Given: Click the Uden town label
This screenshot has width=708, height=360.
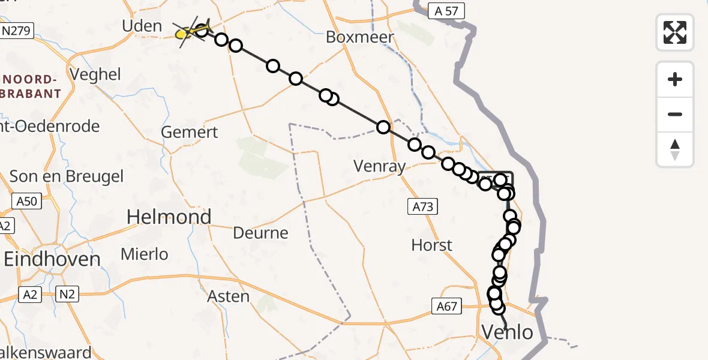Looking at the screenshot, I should (x=142, y=26).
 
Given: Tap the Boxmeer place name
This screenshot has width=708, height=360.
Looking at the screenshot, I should (x=360, y=37).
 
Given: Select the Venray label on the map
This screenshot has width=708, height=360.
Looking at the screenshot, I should (x=379, y=166).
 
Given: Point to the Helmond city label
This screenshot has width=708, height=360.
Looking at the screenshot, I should (x=169, y=217).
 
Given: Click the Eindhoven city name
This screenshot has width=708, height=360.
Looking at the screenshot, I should (x=52, y=259).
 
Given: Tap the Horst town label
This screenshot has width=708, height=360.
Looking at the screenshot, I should (x=432, y=245).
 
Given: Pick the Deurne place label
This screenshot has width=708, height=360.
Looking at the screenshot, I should (x=262, y=233).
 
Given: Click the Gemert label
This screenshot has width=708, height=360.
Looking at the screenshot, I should (x=190, y=132).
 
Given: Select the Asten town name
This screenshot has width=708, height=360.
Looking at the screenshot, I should (x=228, y=296).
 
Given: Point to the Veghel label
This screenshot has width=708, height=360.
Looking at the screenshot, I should (x=95, y=75).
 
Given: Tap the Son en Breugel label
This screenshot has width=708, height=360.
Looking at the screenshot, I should (x=67, y=176).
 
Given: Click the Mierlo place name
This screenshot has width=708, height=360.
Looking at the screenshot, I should (x=145, y=254).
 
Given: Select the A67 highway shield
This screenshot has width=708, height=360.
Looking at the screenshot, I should (x=446, y=307).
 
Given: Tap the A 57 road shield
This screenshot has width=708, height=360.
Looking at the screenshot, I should (x=446, y=10).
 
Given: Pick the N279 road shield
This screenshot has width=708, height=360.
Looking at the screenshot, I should (x=17, y=31).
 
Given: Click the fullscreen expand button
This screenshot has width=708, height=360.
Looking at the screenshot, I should (x=675, y=32).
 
